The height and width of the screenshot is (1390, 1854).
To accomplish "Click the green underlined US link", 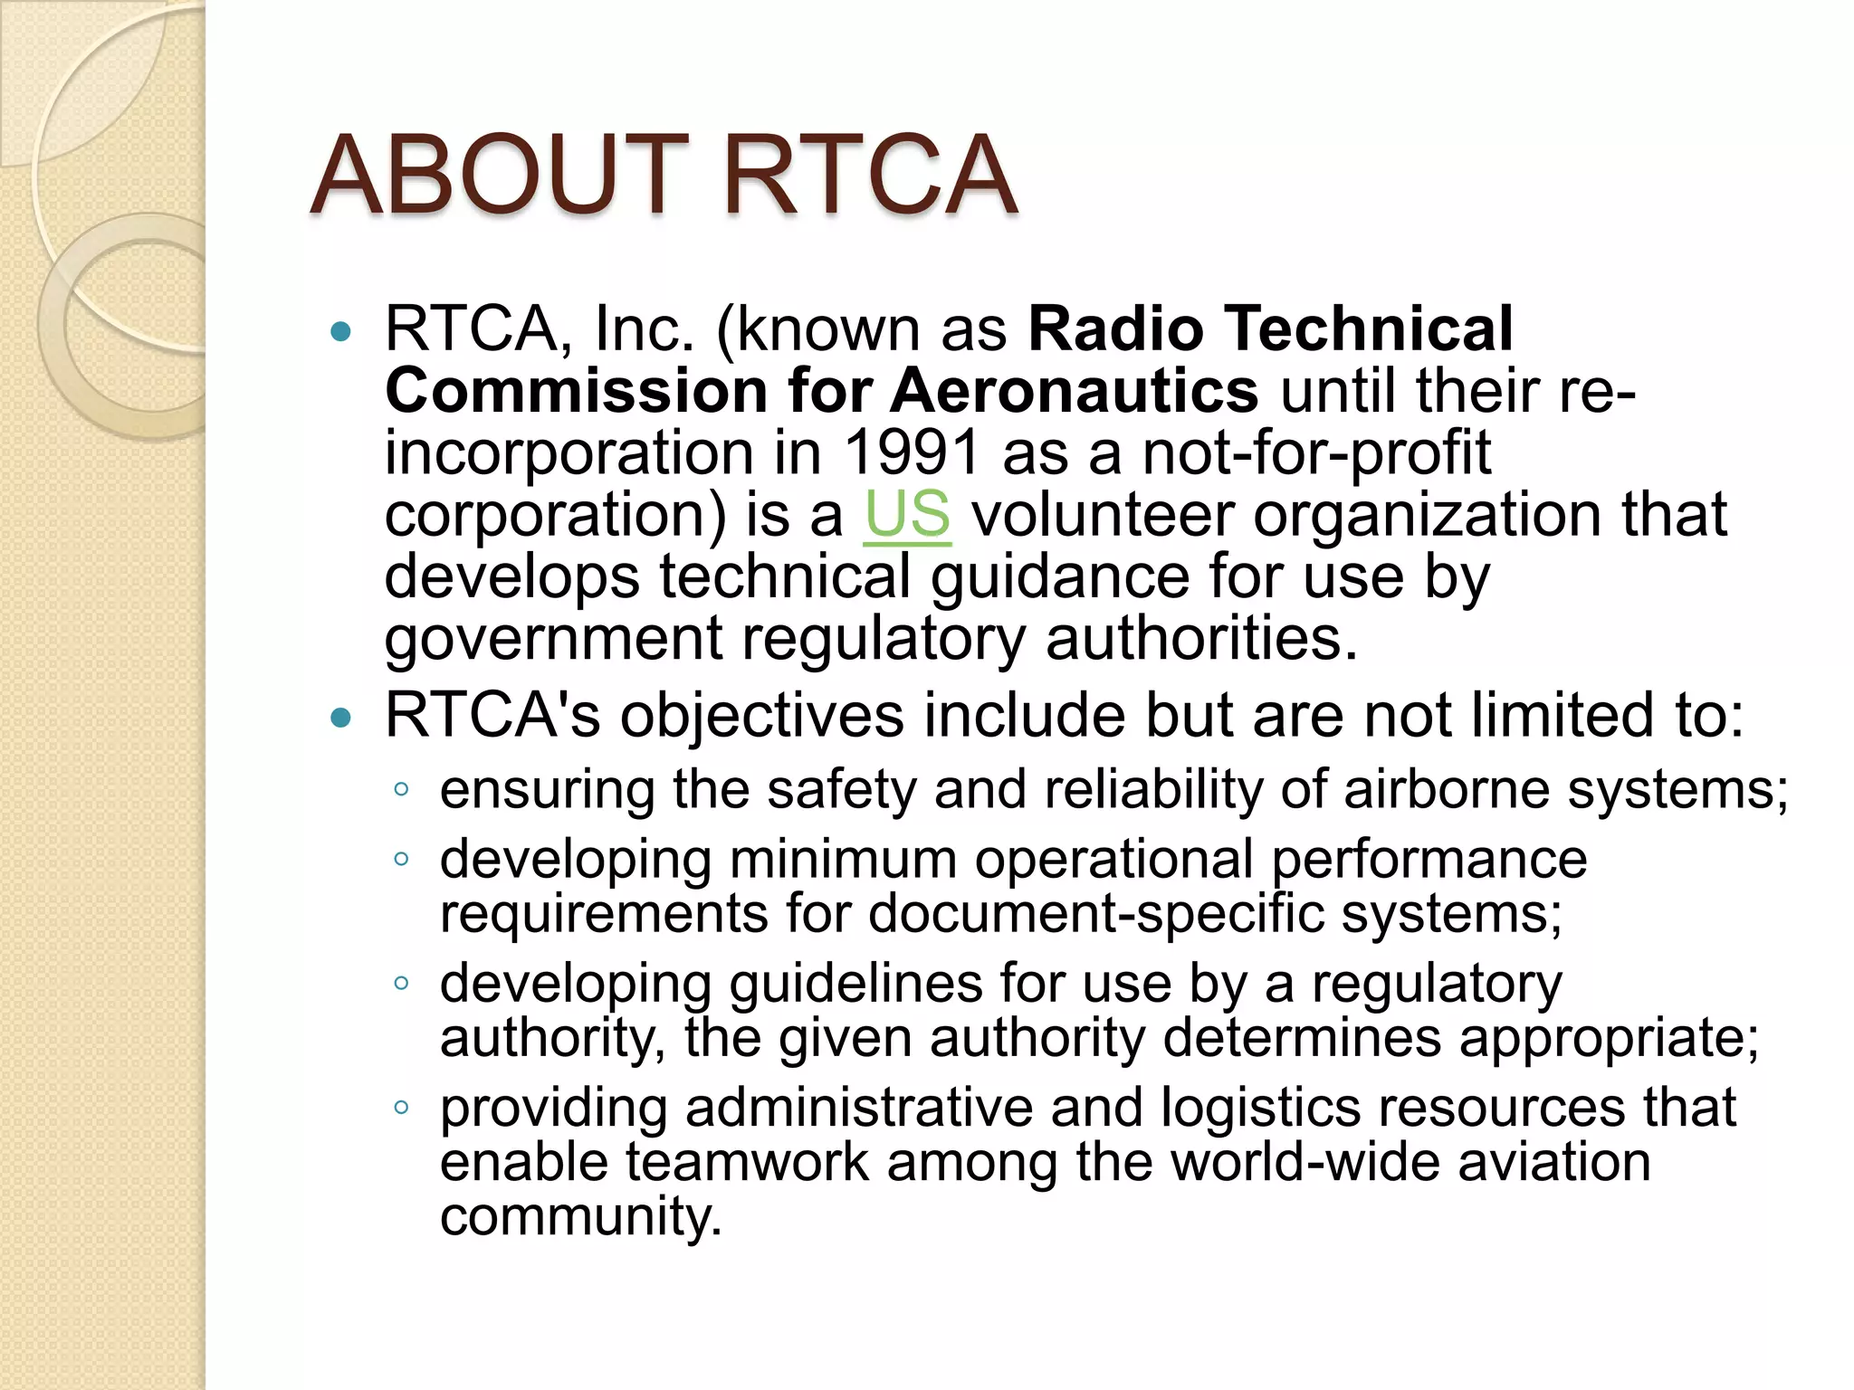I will [907, 515].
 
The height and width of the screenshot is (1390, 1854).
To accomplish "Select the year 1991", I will [912, 452].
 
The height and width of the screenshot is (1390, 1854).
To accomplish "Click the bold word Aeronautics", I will [1075, 391].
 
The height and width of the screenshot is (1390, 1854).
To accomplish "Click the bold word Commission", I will [577, 391].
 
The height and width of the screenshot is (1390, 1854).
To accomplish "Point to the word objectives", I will [761, 716].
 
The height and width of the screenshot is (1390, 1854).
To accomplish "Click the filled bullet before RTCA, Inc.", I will [341, 332].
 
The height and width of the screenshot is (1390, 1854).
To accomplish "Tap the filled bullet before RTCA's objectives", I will [341, 719].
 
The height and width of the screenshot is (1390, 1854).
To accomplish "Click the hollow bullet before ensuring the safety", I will [402, 790].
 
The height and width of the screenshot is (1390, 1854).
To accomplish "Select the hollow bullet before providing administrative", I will [402, 1107].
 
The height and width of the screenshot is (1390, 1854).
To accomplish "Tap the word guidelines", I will [855, 984].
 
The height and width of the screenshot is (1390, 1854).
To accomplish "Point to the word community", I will [580, 1216].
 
